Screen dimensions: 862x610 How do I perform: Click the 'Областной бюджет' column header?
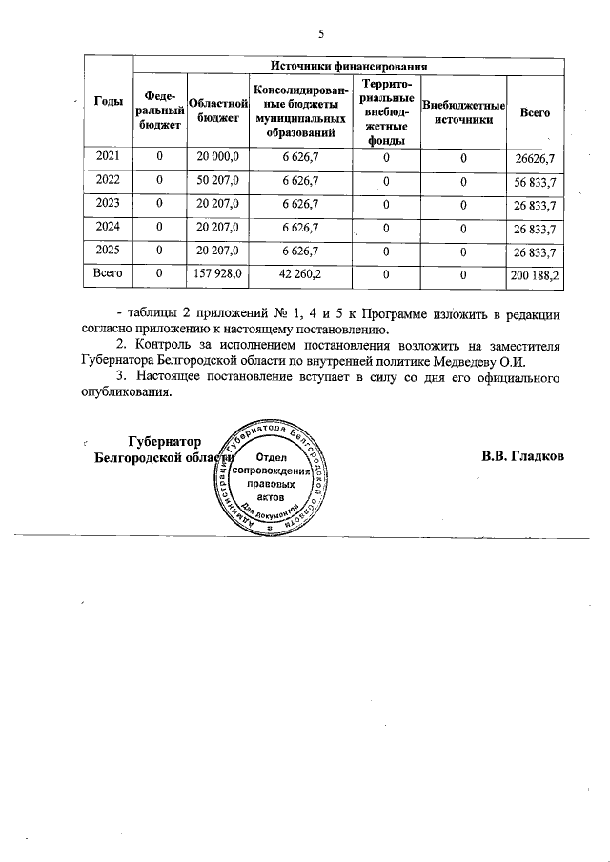218,110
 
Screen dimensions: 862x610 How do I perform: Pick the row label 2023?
107,203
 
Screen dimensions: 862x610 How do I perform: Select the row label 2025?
107,250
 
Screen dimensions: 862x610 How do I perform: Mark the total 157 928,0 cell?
218,273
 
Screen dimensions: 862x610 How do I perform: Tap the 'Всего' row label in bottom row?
107,273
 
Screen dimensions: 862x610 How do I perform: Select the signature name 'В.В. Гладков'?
523,455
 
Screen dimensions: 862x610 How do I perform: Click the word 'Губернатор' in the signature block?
165,441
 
